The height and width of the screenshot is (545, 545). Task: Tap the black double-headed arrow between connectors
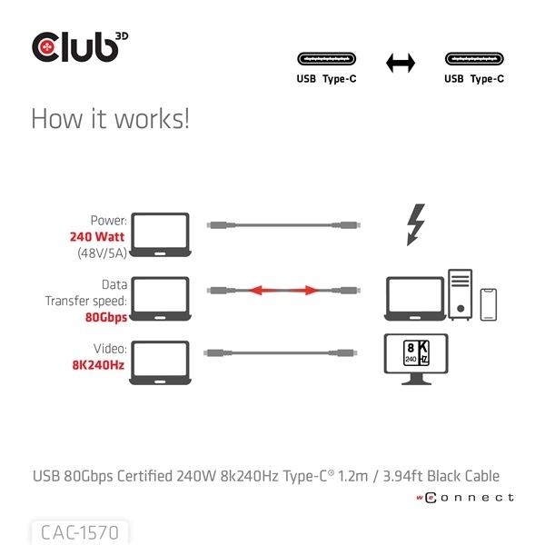[401, 63]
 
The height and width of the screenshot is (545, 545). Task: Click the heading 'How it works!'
[110, 119]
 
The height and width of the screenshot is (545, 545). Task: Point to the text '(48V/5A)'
[102, 253]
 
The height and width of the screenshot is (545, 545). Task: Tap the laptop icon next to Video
[160, 358]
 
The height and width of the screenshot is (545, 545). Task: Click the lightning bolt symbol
[417, 224]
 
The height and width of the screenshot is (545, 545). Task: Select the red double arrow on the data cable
[284, 291]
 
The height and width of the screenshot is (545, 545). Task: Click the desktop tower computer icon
[461, 292]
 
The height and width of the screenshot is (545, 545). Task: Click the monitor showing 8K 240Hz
[417, 357]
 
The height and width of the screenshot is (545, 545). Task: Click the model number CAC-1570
[79, 530]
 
